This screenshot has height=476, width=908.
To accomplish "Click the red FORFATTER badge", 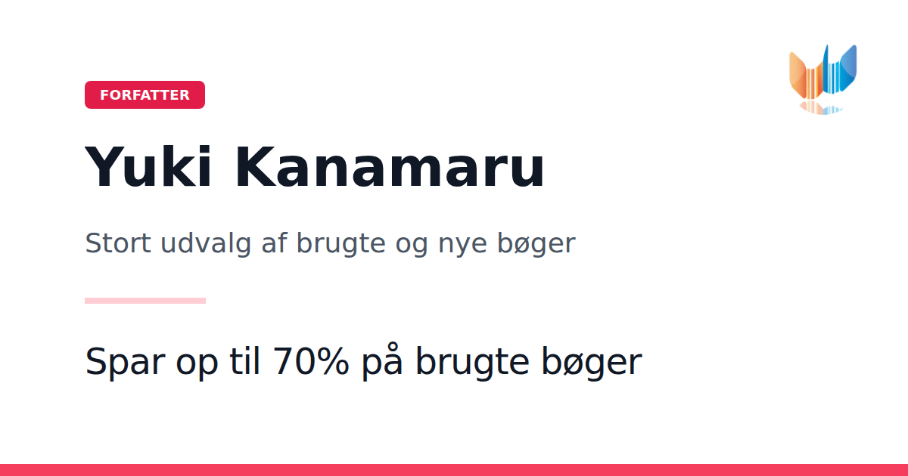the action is click(145, 94).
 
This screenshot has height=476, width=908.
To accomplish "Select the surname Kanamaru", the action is click(390, 168).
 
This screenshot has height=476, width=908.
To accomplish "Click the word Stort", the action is click(118, 243).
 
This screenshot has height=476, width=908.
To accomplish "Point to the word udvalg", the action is click(206, 244).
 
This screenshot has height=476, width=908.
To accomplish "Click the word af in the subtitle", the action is click(274, 243).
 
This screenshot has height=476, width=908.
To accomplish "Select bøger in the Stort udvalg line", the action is click(536, 244).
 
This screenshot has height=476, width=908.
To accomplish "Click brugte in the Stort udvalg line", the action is click(341, 244).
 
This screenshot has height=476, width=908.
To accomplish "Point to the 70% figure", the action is click(311, 361).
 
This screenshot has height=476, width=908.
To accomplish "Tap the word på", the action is click(382, 361).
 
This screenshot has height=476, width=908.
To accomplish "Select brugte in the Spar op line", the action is click(473, 362).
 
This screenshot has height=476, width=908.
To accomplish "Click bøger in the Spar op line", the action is click(592, 362).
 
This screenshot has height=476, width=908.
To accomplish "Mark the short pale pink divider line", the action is click(145, 301).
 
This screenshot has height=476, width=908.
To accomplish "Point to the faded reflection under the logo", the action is click(821, 108).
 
